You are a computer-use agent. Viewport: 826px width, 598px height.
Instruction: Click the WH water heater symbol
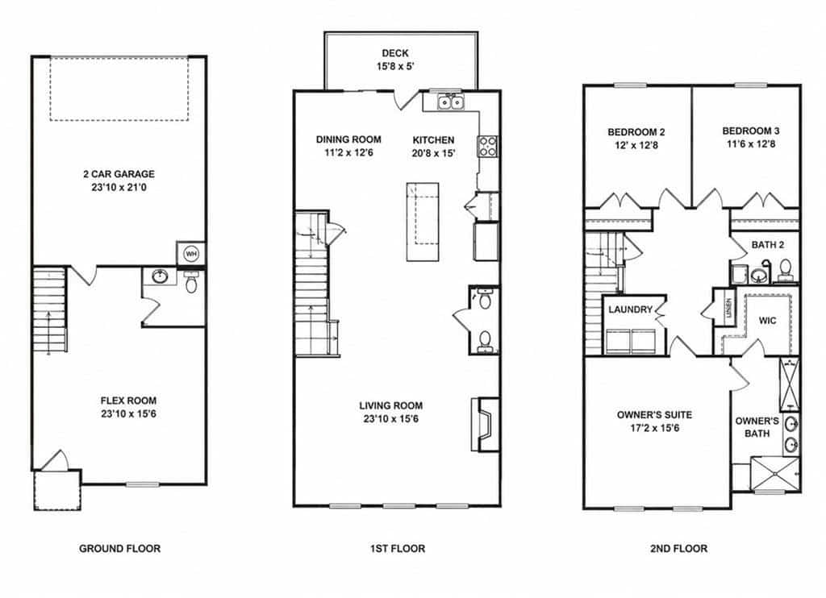190,254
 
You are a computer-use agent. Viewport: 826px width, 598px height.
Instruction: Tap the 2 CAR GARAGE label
119,174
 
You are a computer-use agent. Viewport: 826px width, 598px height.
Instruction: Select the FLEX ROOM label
128,400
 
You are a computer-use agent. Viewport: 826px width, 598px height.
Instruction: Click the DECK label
395,52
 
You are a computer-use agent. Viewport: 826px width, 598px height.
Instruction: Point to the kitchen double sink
450,102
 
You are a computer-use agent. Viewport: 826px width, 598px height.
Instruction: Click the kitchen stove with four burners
487,146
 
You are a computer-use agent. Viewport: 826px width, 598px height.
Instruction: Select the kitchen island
423,222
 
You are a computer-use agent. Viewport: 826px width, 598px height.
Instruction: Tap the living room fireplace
485,424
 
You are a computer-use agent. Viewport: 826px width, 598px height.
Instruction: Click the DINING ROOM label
348,139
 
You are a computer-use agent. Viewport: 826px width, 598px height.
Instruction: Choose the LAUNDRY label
631,309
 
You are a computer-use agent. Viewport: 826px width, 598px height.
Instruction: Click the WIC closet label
768,320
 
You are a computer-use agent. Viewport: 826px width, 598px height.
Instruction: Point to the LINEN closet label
729,308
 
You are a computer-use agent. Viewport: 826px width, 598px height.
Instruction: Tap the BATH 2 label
768,245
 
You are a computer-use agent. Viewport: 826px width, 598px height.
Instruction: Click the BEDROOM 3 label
751,131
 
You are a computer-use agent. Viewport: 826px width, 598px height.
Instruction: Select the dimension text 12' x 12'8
636,145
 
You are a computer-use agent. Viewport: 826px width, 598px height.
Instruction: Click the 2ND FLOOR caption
678,549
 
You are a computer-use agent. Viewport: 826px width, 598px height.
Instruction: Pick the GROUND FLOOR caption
119,549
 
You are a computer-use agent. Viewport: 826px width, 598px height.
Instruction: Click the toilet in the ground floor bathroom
191,283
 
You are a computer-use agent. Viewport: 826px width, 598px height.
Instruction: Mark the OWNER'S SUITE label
654,415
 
